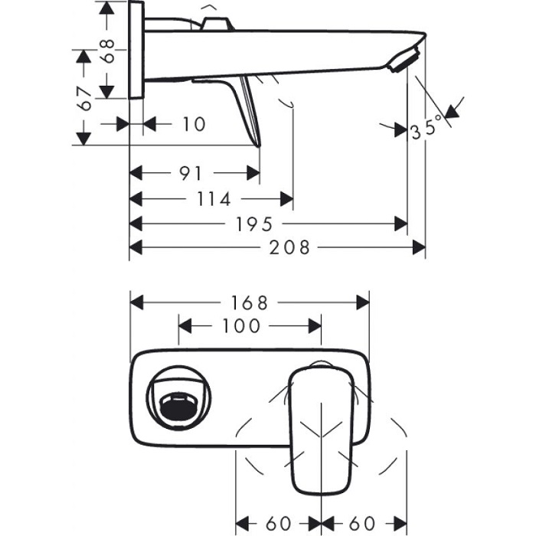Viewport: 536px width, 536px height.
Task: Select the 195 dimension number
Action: pyautogui.click(x=255, y=224)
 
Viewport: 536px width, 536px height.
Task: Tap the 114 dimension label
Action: pyautogui.click(x=213, y=200)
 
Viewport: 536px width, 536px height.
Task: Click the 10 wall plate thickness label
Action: pyautogui.click(x=194, y=124)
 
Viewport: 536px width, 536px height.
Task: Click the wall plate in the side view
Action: pyautogui.click(x=137, y=49)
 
